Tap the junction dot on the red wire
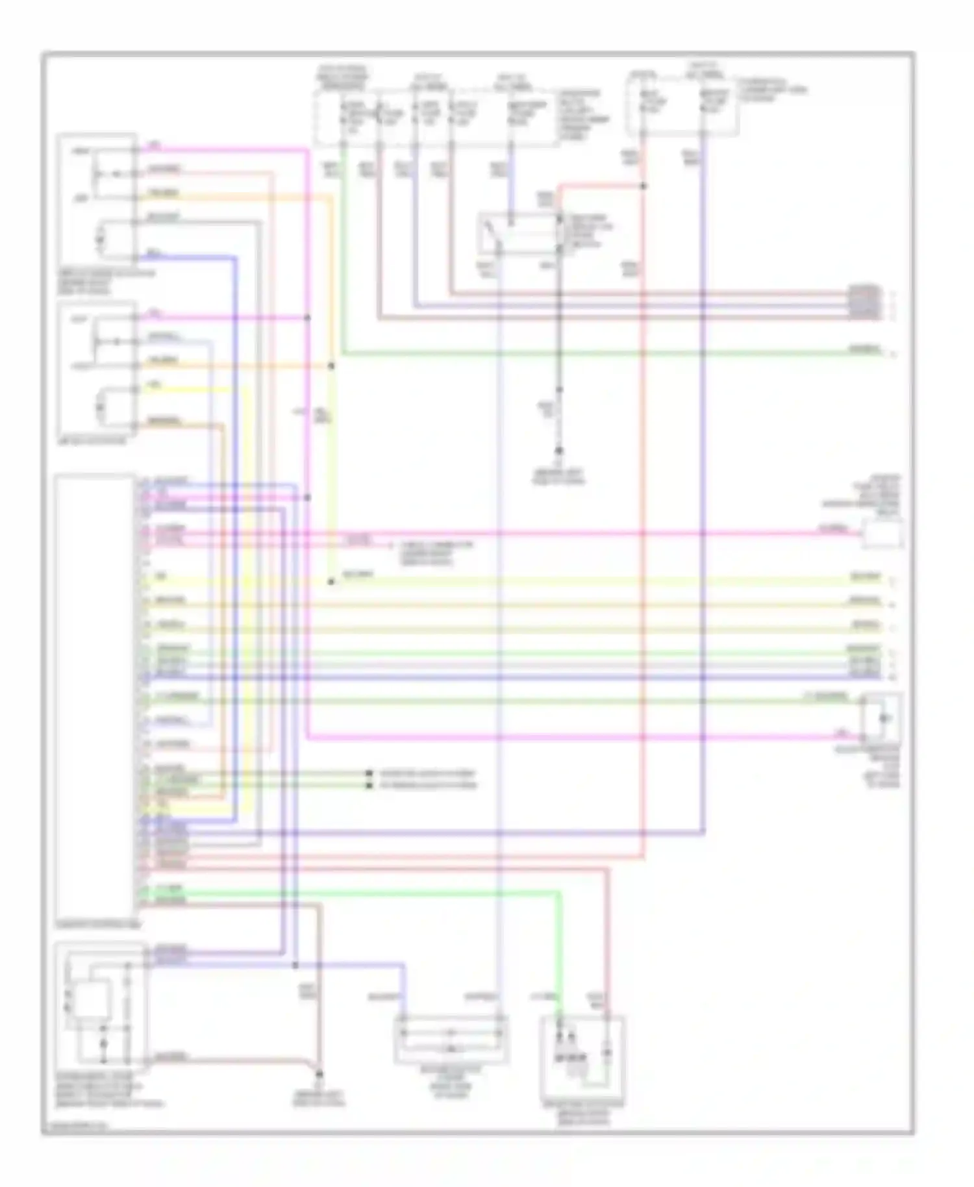click(643, 186)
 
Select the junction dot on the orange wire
click(331, 366)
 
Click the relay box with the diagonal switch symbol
click(519, 232)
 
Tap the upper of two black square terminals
click(369, 774)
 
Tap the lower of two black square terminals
click(369, 786)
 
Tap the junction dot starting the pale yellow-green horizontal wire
click(331, 582)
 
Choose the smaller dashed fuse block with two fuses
click(682, 106)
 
